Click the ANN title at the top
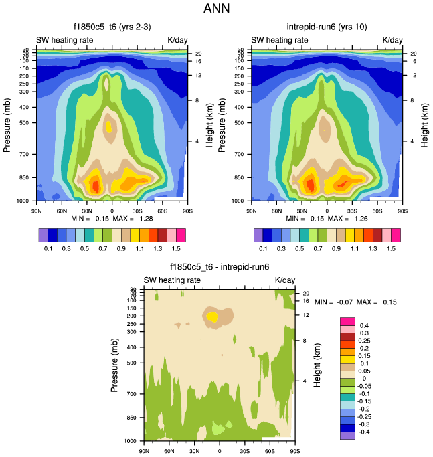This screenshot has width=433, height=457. (x=215, y=9)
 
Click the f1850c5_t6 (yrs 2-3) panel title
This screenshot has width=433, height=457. (x=112, y=27)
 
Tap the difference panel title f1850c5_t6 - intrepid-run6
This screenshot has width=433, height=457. (x=219, y=267)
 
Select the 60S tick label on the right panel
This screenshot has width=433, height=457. (x=377, y=210)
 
